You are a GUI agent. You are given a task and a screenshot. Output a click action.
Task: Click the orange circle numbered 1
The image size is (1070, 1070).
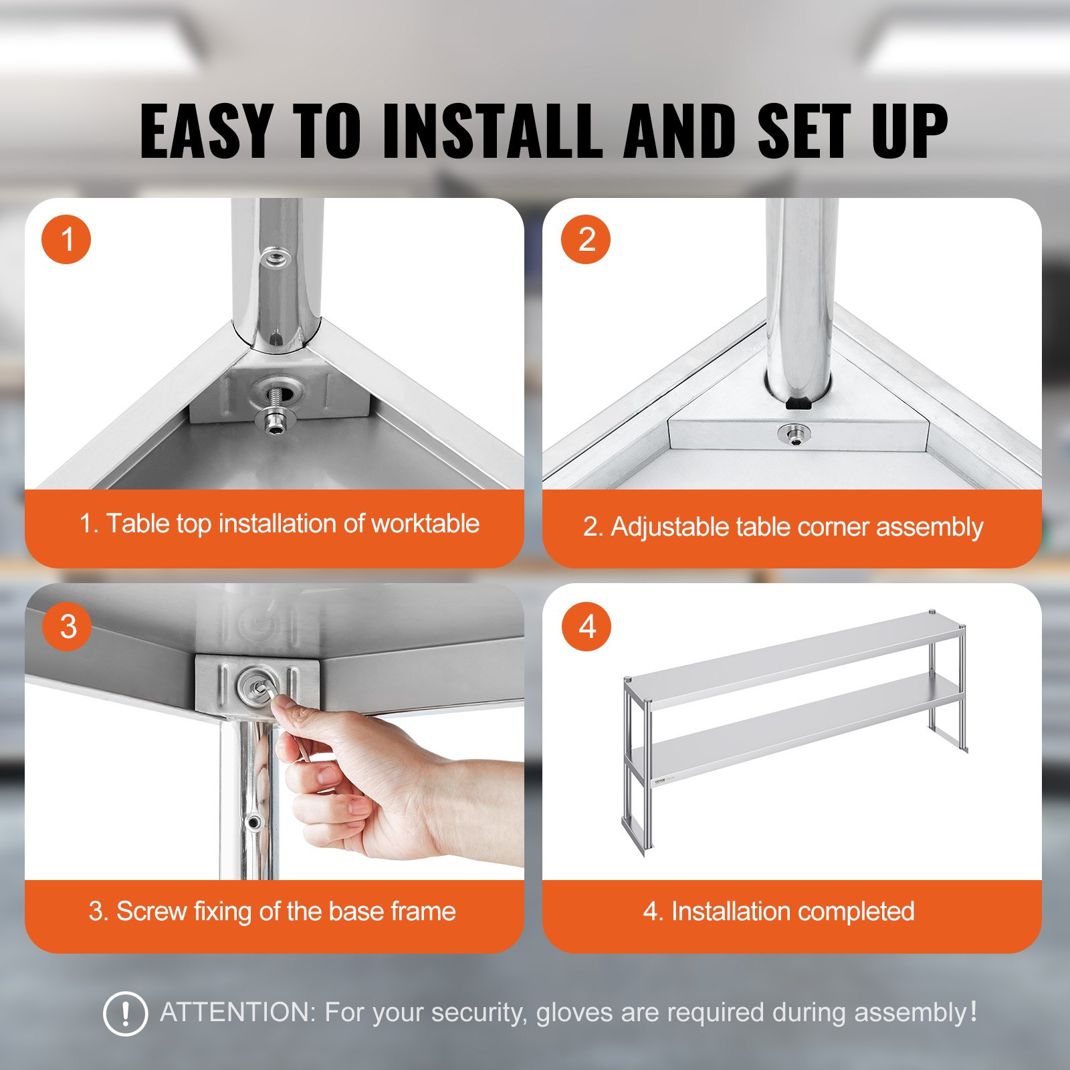66,239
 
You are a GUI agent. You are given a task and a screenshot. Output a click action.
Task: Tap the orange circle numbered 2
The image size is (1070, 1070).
586,239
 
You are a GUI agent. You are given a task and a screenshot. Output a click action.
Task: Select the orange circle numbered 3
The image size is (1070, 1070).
67,627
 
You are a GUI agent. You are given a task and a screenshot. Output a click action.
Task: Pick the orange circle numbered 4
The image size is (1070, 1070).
586,627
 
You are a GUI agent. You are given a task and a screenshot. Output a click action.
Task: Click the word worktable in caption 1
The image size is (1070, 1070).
425,524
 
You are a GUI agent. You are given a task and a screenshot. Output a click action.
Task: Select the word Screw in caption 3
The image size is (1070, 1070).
151,912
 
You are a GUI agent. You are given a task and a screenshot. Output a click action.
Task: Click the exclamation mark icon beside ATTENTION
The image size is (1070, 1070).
125,1014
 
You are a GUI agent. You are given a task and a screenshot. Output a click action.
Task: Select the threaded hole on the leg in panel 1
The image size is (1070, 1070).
274,256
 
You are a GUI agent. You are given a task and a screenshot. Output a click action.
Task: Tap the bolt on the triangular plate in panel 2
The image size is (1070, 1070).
794,435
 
